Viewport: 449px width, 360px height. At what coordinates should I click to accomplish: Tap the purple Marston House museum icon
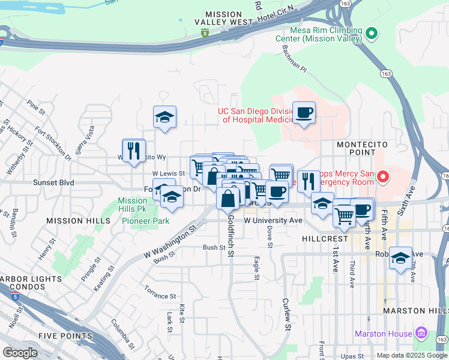pos(421,333)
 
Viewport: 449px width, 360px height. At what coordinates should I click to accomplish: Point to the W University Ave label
pos(273,220)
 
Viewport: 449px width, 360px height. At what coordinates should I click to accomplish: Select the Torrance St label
pos(160,296)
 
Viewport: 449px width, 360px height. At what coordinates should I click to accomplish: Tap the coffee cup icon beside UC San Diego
pos(304,112)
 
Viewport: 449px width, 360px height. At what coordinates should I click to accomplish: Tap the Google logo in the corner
pos(20,353)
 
